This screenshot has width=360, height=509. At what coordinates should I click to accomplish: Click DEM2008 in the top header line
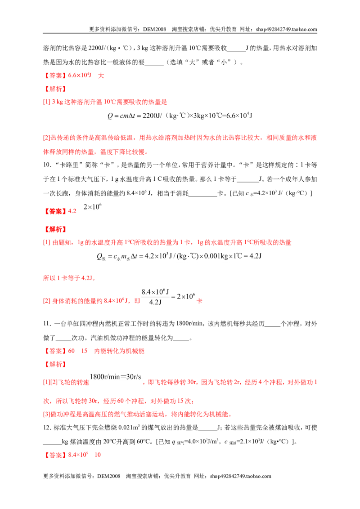click(x=155, y=29)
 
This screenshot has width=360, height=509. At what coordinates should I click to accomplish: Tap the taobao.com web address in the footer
click(x=240, y=476)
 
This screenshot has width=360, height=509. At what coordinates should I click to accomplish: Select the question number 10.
click(x=47, y=165)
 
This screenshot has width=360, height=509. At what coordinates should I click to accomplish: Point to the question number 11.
click(x=47, y=324)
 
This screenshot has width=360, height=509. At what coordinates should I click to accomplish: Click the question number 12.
click(x=47, y=428)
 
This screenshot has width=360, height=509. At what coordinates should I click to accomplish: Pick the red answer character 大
click(x=101, y=76)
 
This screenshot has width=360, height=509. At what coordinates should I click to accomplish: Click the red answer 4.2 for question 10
click(x=72, y=211)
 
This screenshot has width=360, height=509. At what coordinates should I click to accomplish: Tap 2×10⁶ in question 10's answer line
click(x=93, y=207)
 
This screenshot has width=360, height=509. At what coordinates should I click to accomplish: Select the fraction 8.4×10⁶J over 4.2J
click(x=155, y=297)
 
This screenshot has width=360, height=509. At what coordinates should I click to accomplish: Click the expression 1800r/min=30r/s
click(x=115, y=377)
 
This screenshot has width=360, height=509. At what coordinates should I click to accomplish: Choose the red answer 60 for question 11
click(x=72, y=351)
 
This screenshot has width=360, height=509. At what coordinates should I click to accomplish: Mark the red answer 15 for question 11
click(x=85, y=351)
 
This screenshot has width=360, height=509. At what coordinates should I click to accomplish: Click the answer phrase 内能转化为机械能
click(x=119, y=351)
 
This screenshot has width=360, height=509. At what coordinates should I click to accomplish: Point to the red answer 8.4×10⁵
click(x=78, y=455)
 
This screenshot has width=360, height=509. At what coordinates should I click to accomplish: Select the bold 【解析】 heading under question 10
click(x=55, y=229)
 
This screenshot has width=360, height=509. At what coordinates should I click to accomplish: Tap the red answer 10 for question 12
click(x=98, y=455)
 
